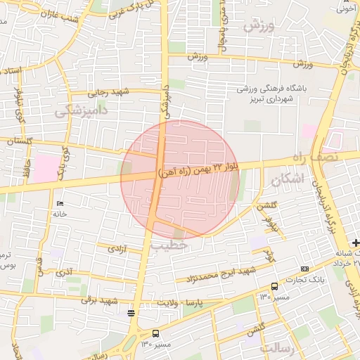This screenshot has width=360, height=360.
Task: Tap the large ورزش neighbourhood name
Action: [258, 27]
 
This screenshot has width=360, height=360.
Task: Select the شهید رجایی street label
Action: [110, 91]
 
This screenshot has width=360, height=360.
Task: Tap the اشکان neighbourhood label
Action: [288, 180]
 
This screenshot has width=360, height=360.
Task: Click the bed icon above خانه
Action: [58, 202]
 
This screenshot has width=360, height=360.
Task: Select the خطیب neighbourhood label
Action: [169, 245]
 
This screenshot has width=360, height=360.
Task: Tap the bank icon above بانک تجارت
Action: [304, 269]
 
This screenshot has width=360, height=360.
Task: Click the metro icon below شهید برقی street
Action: [131, 313]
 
